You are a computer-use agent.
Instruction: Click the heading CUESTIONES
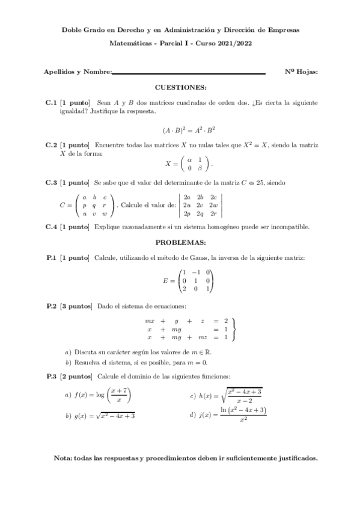point(180,87)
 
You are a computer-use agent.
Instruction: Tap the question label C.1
point(51,103)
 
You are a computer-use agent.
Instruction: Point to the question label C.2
point(51,146)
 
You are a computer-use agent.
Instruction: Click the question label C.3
point(51,182)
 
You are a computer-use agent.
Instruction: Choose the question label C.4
point(51,227)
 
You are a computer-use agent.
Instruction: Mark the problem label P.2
point(52,306)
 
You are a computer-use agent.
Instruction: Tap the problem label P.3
point(52,376)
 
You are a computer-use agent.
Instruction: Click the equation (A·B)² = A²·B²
point(189,129)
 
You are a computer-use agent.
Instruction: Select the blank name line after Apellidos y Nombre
point(189,73)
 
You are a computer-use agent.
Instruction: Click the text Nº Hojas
point(302,72)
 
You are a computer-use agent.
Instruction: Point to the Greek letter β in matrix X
point(200,168)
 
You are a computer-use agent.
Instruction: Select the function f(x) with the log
point(102,395)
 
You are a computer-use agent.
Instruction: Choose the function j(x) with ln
point(231,414)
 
